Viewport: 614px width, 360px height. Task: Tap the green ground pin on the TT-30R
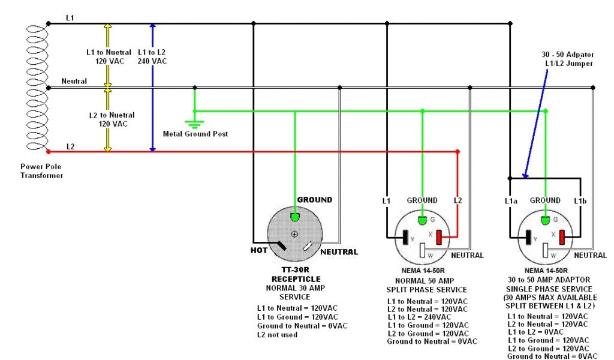(294, 217)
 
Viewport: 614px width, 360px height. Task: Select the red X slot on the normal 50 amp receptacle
(439, 238)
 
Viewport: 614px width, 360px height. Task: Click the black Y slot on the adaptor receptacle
(529, 238)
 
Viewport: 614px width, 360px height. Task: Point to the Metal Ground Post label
(195, 134)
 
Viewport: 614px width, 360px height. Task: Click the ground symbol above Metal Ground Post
(194, 124)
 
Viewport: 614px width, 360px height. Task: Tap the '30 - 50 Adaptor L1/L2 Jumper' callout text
(567, 59)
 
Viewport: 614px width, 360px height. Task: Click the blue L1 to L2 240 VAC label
(152, 56)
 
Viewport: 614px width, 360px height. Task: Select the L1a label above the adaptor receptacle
(510, 200)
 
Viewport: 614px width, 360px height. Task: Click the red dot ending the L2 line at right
(458, 151)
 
